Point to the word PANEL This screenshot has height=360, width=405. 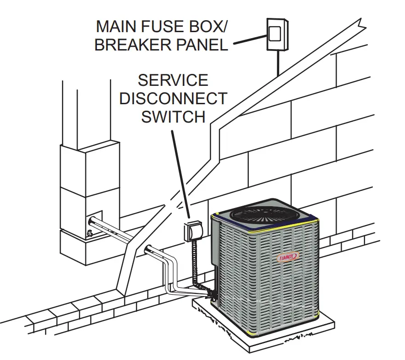point(204,45)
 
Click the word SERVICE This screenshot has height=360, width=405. point(173,81)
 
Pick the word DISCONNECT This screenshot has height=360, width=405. point(173,98)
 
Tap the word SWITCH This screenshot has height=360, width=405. point(173,116)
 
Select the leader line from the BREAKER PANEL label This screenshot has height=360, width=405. point(248,40)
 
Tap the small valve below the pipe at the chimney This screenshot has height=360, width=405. point(89,234)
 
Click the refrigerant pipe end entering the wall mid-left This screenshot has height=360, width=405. point(149,250)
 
